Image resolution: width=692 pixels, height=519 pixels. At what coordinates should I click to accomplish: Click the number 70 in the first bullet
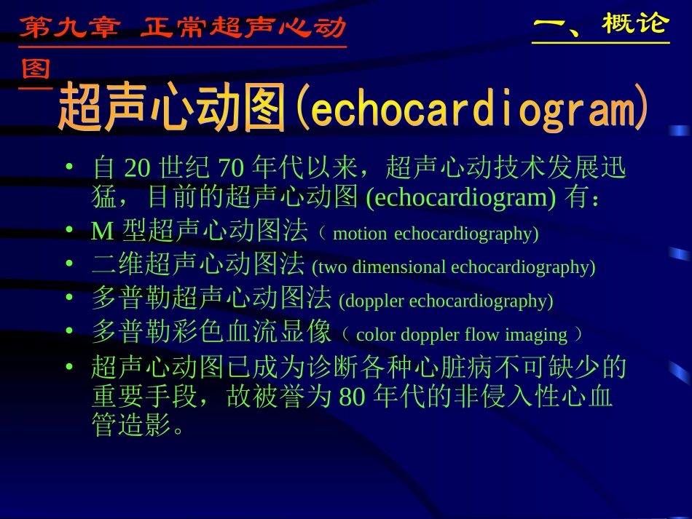pos(231,169)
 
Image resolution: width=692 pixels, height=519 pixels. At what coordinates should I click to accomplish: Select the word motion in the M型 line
pos(360,234)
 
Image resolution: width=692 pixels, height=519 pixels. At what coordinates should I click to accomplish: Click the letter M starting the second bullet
pos(103,232)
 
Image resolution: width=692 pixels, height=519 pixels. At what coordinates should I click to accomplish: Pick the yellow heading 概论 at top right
pos(634,24)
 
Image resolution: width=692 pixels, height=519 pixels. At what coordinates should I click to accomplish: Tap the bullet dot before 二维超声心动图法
pos(69,264)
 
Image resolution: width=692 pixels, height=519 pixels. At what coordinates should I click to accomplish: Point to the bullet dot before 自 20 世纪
pos(69,167)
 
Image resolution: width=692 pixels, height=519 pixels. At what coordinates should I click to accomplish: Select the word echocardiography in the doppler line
pos(481,301)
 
